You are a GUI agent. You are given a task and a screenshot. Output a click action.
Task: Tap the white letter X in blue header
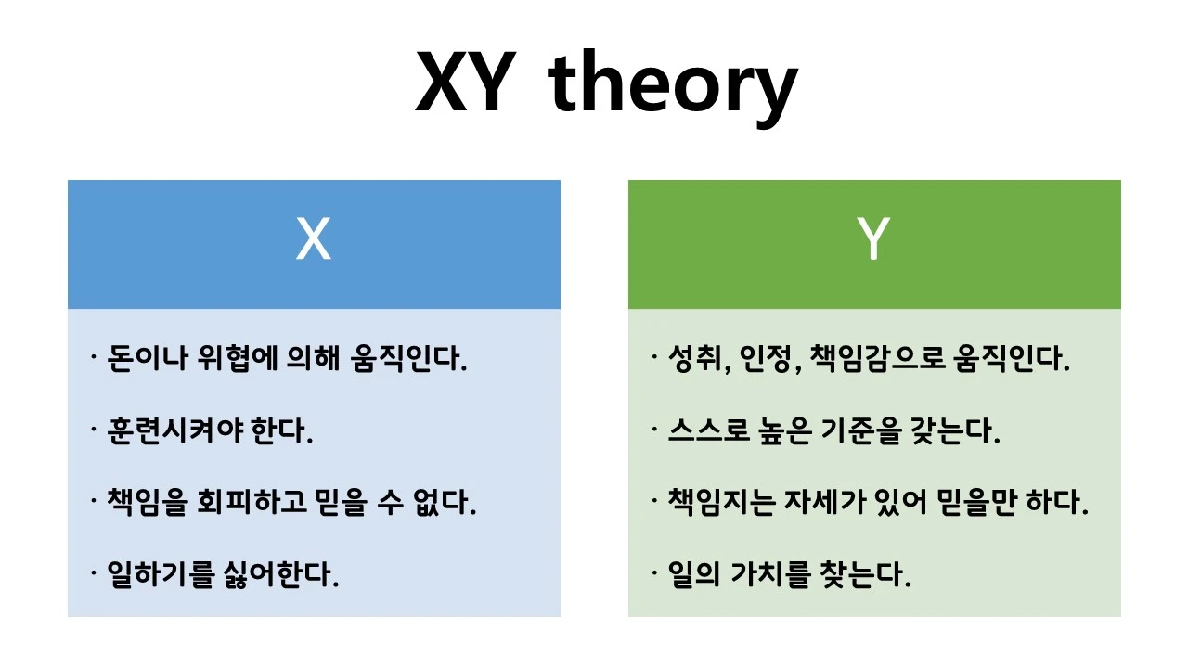(x=313, y=239)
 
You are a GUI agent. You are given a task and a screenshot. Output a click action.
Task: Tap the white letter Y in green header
(x=873, y=239)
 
